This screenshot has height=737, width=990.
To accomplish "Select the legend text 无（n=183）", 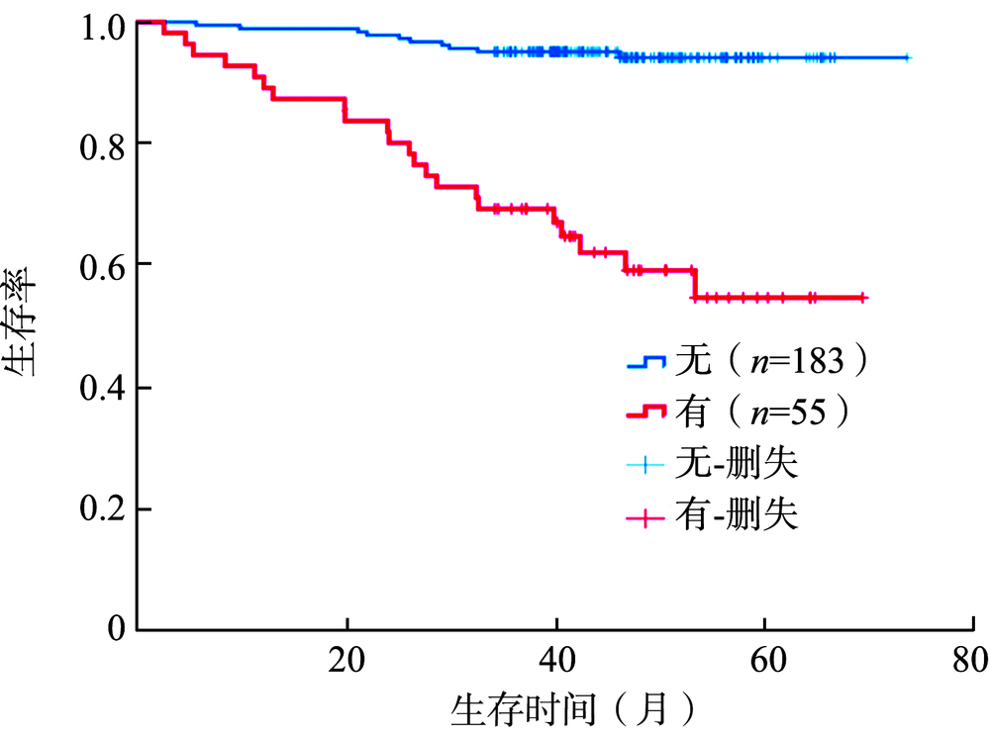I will tap(772, 362).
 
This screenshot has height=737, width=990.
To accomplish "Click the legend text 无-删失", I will tap(737, 463).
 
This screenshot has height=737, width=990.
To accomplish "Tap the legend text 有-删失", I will tap(737, 515).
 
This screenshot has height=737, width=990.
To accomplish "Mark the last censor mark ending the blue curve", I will tap(906, 58).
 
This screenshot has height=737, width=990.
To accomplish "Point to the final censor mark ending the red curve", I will tap(862, 297).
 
